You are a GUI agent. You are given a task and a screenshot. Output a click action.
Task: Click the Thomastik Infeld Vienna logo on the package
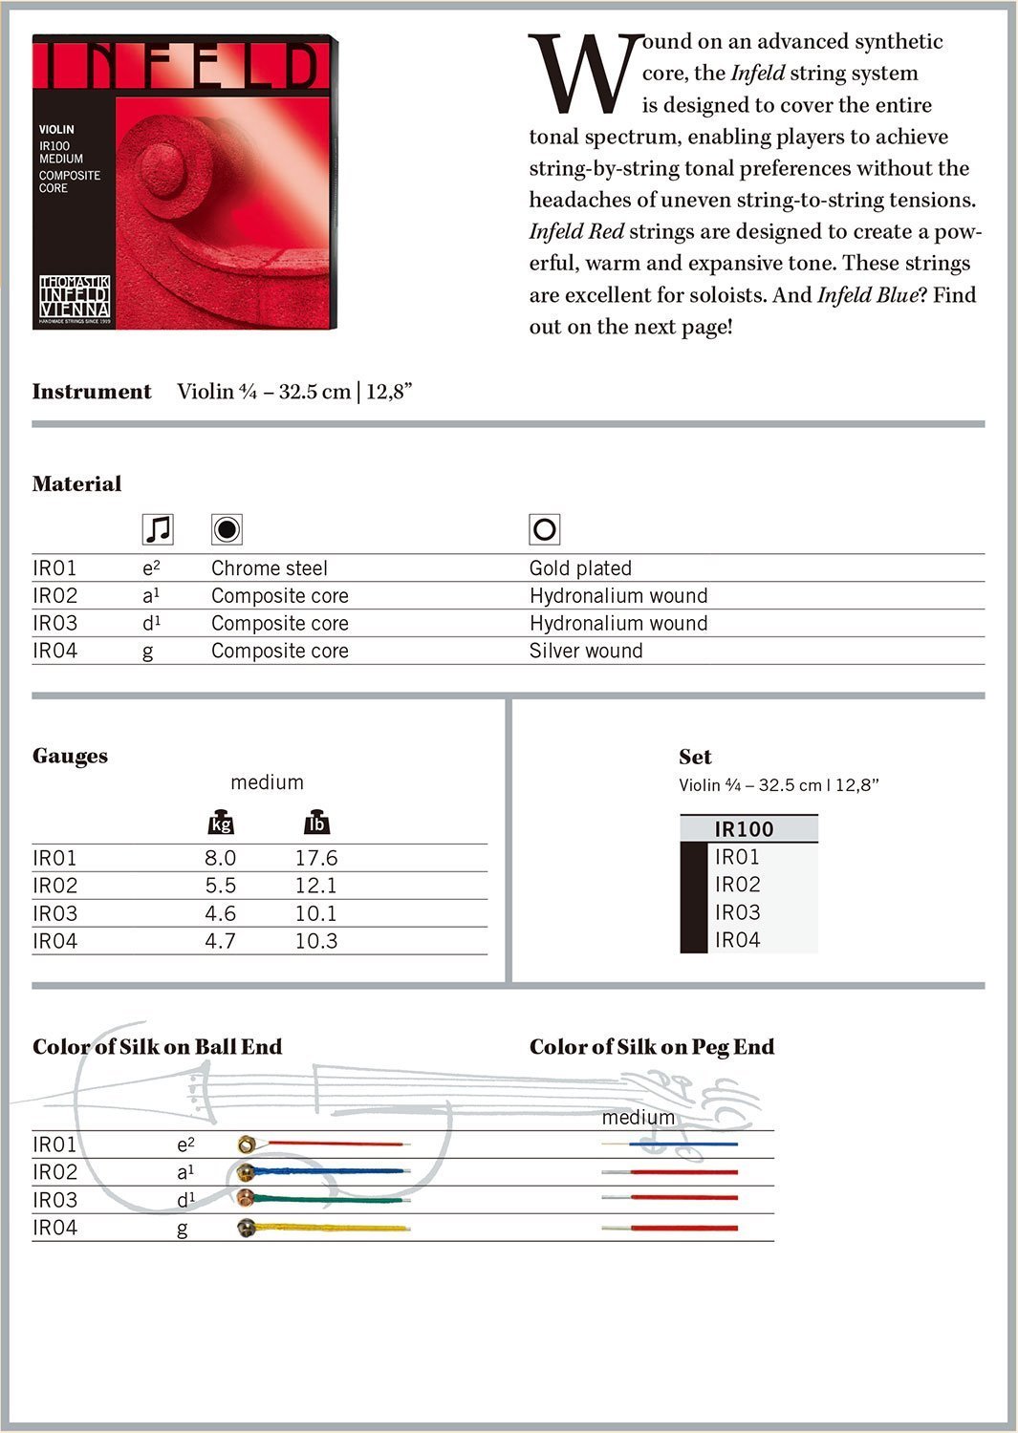[75, 297]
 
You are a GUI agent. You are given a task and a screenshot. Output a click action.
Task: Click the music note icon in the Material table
[157, 528]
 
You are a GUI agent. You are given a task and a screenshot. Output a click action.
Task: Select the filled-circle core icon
[227, 528]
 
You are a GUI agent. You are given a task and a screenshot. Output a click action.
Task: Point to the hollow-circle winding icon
[544, 528]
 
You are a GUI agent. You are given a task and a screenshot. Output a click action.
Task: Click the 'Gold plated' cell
[580, 568]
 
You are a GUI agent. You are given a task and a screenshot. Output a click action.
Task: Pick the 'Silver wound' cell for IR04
[586, 652]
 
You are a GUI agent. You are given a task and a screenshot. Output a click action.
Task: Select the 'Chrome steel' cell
[269, 568]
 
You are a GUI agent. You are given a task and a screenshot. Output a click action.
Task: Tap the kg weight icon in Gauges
[221, 823]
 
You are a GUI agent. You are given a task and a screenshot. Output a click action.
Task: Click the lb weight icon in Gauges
[315, 823]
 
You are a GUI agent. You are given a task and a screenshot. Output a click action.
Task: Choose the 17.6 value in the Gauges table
[315, 858]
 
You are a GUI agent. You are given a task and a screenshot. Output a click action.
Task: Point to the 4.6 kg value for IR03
[220, 913]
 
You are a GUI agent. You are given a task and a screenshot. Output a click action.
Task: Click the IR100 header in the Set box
[744, 829]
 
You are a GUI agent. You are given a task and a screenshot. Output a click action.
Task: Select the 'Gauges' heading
[70, 756]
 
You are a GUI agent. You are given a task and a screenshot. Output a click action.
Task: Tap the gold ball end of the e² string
[247, 1144]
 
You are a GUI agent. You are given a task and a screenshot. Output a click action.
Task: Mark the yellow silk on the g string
[335, 1228]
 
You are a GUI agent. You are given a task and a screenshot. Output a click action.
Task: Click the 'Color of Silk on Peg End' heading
[651, 1047]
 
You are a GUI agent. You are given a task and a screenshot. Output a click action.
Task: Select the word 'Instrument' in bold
[92, 392]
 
